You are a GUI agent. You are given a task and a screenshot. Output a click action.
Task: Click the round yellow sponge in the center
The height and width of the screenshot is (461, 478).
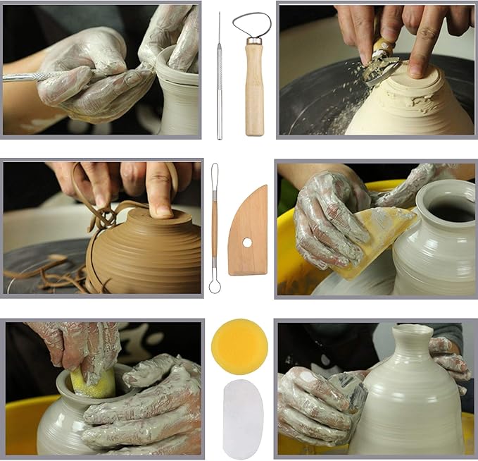point(239,346)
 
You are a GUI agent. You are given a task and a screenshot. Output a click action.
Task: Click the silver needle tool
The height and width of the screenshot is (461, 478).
point(219,78)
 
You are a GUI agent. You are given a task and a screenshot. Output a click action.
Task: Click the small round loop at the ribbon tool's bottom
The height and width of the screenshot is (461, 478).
point(215,285)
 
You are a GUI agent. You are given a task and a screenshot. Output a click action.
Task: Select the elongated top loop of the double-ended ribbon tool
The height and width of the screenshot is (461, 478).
point(215,180)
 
